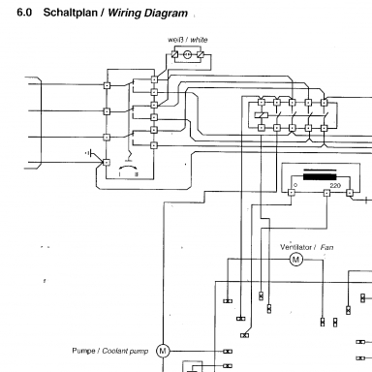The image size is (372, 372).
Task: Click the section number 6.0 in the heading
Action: click(24, 13)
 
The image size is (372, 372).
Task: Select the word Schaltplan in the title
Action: click(71, 13)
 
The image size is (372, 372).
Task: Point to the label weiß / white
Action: click(187, 40)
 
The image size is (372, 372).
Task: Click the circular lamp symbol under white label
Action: click(188, 54)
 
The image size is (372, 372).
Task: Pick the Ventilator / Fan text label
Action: click(307, 247)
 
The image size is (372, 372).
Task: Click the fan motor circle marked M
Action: click(295, 260)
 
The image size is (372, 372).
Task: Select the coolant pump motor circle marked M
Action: click(163, 351)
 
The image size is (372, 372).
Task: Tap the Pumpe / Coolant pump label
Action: click(110, 351)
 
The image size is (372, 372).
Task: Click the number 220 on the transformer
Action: click(335, 186)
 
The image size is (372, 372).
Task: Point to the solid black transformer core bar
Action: click(320, 177)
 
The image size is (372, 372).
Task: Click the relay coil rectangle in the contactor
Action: click(262, 115)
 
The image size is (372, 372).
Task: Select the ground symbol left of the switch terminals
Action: click(90, 152)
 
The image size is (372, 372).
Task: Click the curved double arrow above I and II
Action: click(128, 167)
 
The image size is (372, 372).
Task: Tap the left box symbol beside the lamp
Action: click(175, 54)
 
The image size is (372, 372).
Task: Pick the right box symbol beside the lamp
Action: click(201, 54)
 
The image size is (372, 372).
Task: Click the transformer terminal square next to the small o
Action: click(292, 193)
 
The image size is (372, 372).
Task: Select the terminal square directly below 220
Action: click(326, 193)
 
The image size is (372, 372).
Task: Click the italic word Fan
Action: click(326, 248)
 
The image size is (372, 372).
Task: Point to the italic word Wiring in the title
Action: click(124, 14)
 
